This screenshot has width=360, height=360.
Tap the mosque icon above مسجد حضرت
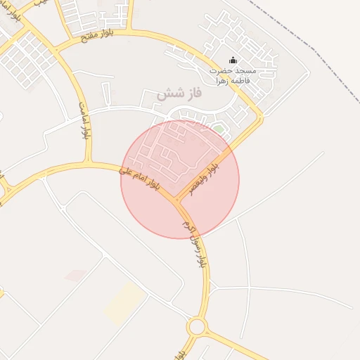point(233,61)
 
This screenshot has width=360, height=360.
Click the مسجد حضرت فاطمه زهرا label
point(234,75)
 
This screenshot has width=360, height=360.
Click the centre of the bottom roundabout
point(196,326)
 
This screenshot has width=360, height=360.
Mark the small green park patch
point(219,129)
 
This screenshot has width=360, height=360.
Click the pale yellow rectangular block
point(125,303)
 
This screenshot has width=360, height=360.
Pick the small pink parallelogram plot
point(76,275)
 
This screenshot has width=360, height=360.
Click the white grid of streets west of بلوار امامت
point(28,56)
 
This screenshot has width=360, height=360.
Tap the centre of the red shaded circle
point(180,180)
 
